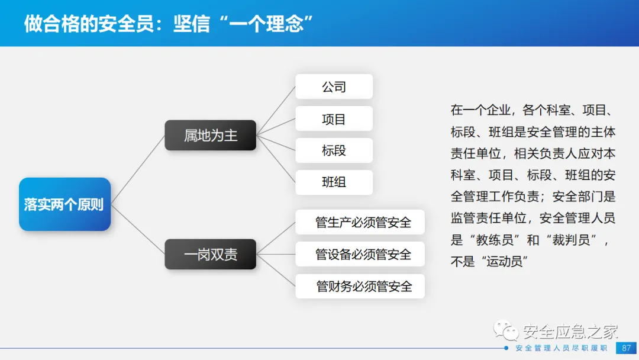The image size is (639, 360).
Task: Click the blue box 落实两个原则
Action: pyautogui.click(x=64, y=204)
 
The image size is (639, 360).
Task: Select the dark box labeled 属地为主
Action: pyautogui.click(x=210, y=136)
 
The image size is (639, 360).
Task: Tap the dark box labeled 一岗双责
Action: pyautogui.click(x=210, y=255)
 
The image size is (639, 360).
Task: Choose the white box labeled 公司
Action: pyautogui.click(x=334, y=86)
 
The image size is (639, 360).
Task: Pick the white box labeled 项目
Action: pyautogui.click(x=334, y=119)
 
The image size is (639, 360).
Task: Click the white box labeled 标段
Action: pyautogui.click(x=334, y=150)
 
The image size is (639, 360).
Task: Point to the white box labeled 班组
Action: pyautogui.click(x=334, y=182)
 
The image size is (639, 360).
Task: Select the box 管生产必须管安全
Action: pyautogui.click(x=360, y=223)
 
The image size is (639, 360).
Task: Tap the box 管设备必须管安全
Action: pyautogui.click(x=360, y=255)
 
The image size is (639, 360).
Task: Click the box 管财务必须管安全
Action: pyautogui.click(x=360, y=287)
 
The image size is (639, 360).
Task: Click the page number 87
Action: pyautogui.click(x=626, y=348)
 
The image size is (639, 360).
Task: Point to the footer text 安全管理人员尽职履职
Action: pyautogui.click(x=561, y=348)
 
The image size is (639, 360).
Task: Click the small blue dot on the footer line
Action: pyautogui.click(x=507, y=348)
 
